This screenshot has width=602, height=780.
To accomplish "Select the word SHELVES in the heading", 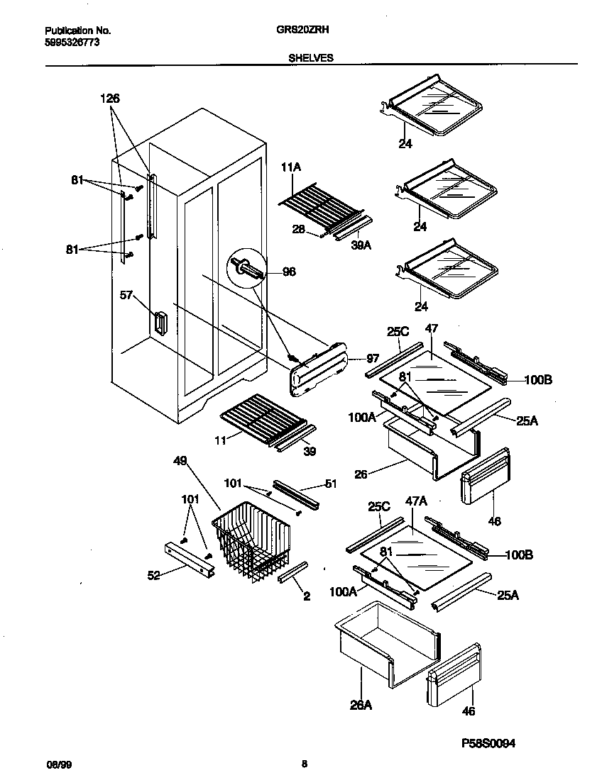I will pyautogui.click(x=310, y=59).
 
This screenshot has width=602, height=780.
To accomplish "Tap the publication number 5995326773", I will pyautogui.click(x=70, y=43).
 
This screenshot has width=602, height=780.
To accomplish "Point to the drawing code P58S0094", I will pyautogui.click(x=488, y=742).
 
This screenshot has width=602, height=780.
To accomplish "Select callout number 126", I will pyautogui.click(x=109, y=99).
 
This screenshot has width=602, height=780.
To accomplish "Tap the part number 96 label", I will pyautogui.click(x=289, y=271).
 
